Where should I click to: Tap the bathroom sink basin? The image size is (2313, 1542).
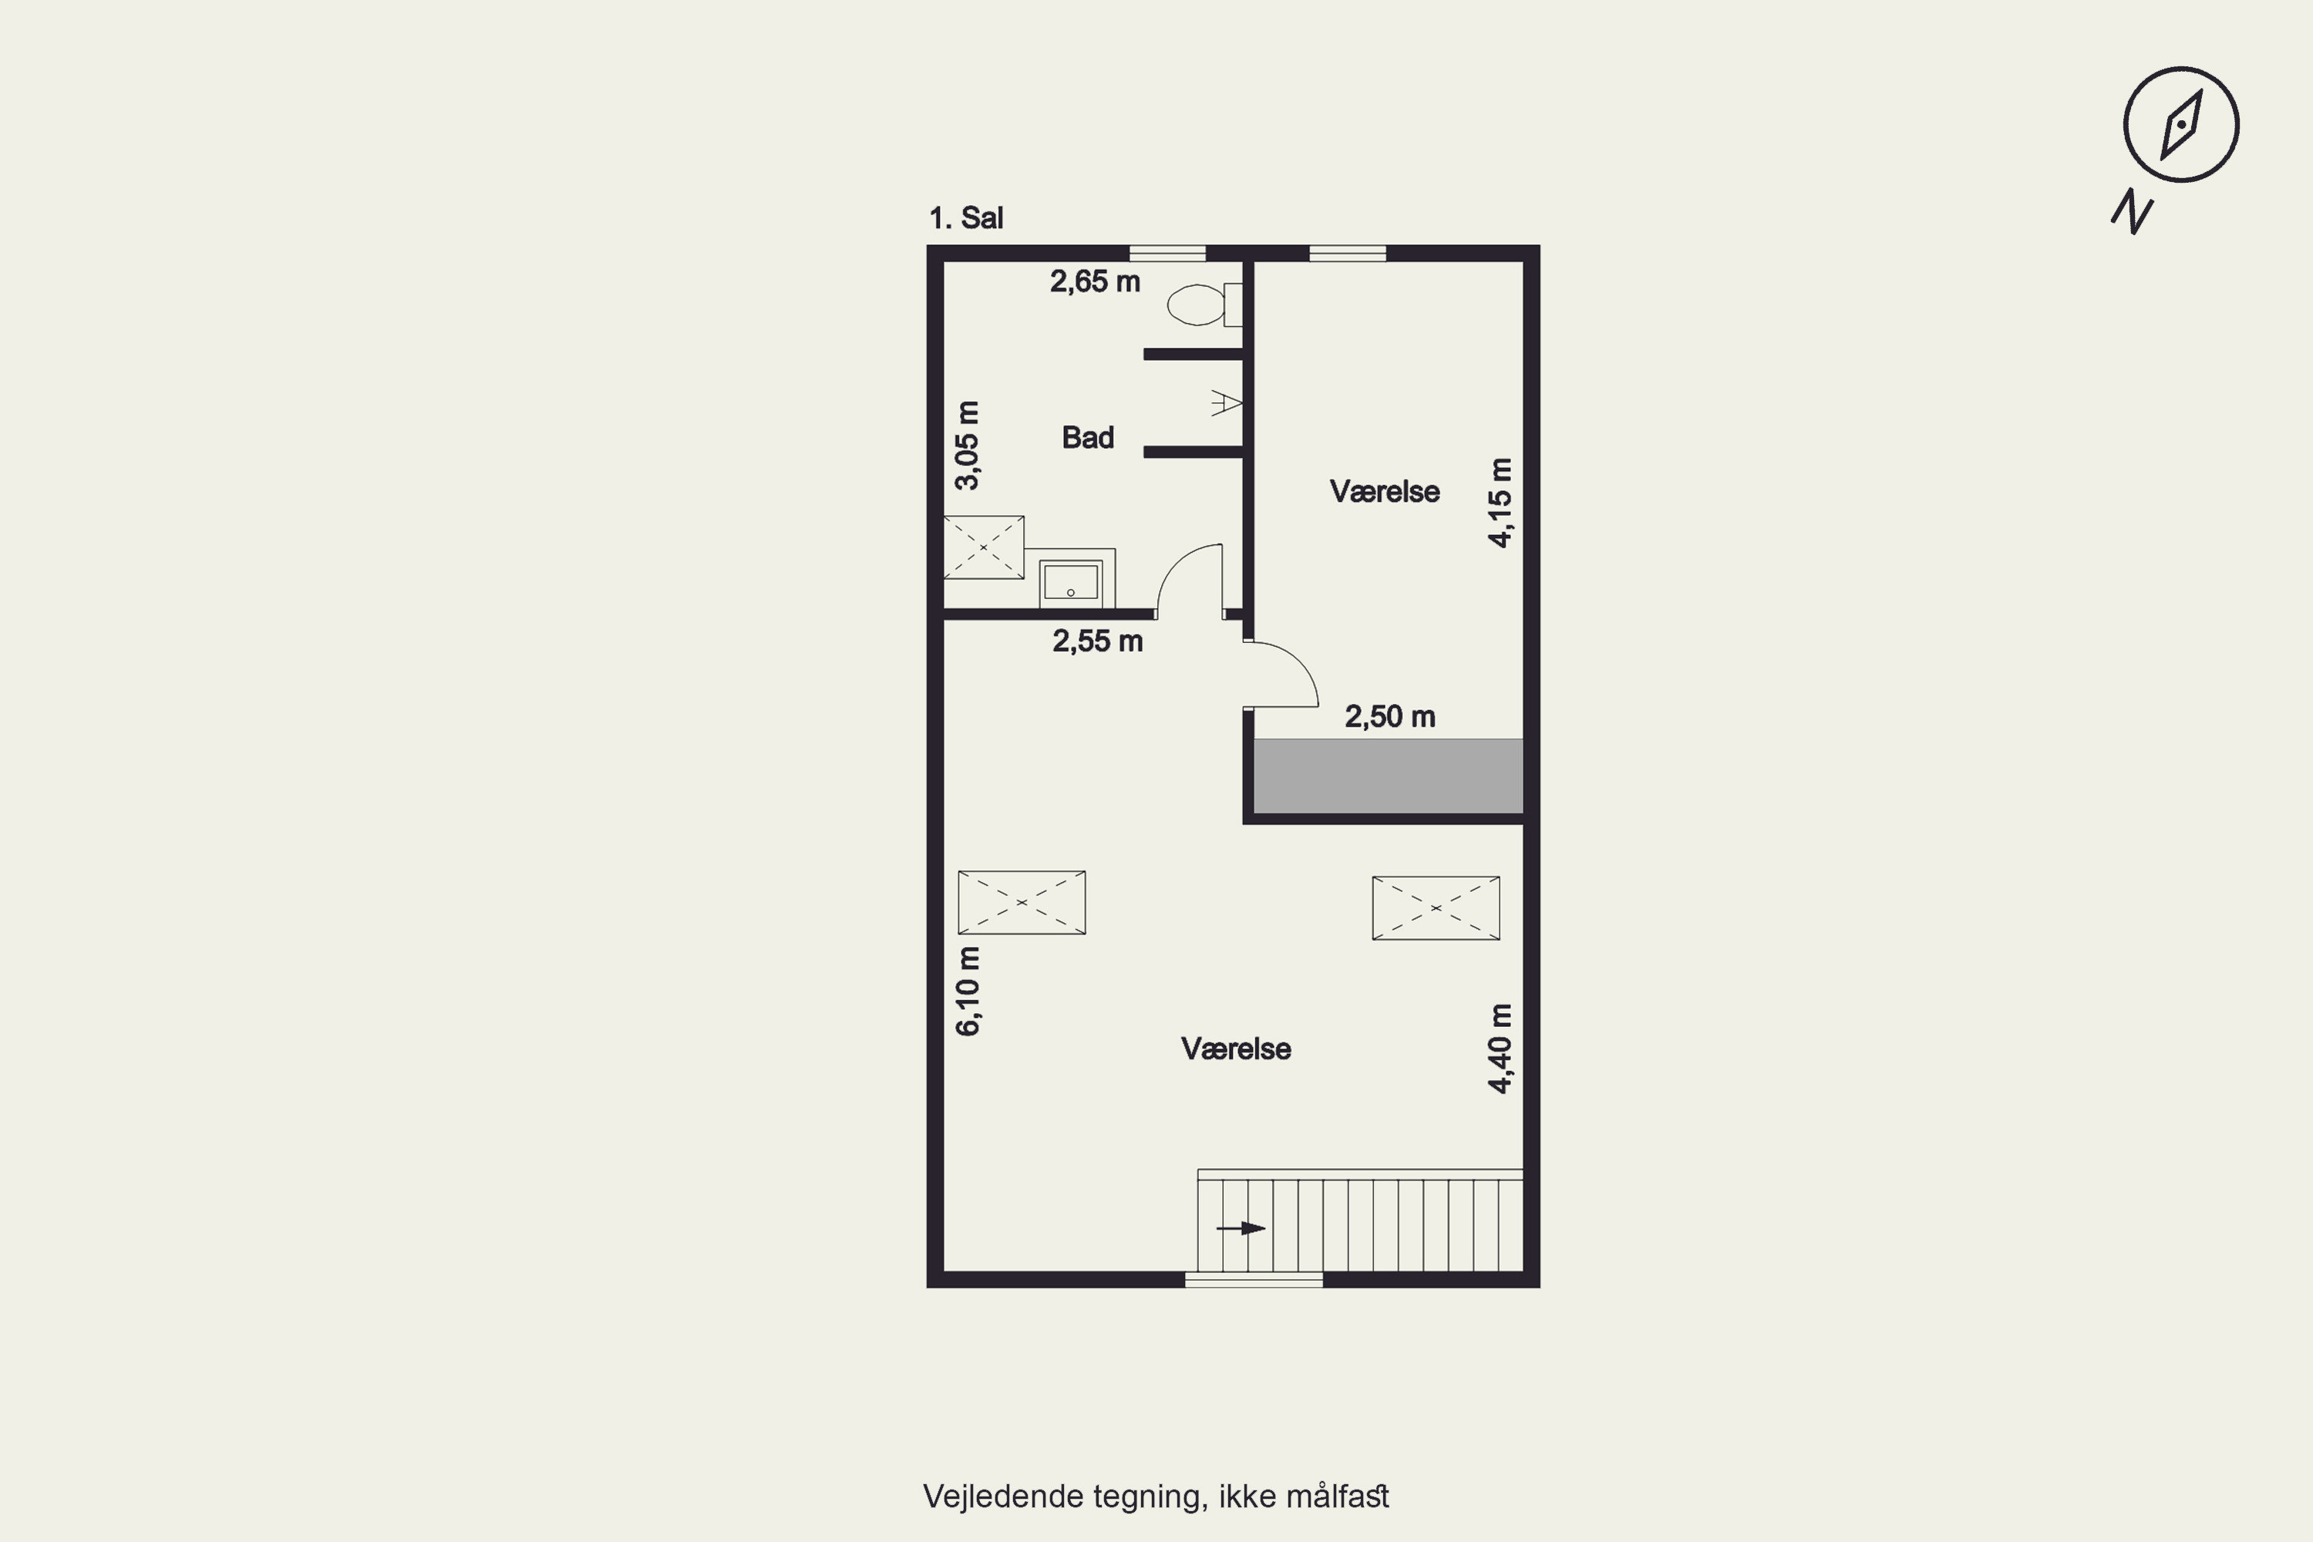(x=1070, y=581)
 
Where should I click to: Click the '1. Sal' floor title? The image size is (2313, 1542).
(x=966, y=218)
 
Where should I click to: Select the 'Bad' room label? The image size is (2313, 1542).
(x=1088, y=438)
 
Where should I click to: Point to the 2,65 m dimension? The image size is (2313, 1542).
(x=1095, y=282)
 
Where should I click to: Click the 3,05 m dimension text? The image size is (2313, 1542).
(x=968, y=445)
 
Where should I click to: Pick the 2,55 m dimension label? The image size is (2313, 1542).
(x=1097, y=641)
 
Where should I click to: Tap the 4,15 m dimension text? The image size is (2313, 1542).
(x=1500, y=503)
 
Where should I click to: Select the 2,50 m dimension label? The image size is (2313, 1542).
(x=1389, y=717)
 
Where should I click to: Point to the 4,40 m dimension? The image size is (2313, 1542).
(x=1500, y=1049)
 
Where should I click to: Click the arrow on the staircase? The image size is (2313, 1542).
(x=1241, y=1228)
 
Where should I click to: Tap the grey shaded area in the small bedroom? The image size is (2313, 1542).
(x=1388, y=776)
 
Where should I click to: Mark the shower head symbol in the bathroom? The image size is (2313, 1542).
(x=1227, y=403)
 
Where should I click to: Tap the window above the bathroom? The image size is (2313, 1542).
(x=1167, y=254)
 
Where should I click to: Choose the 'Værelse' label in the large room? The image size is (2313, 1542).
(x=1236, y=1049)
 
